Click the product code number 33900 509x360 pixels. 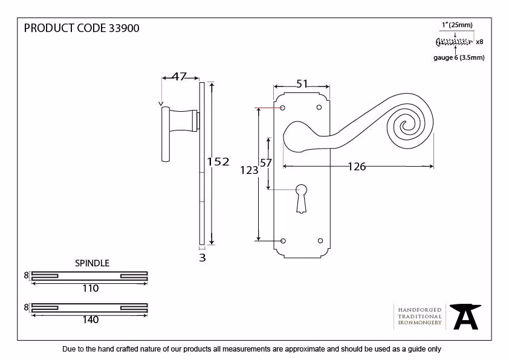[124, 28]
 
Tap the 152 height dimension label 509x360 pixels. [218, 161]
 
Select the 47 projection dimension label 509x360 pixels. [179, 77]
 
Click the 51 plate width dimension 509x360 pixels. [302, 84]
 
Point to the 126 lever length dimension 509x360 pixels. [357, 167]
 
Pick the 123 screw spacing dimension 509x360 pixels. [249, 170]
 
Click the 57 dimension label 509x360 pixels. [266, 163]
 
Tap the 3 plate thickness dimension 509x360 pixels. [203, 258]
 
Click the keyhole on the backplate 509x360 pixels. [301, 199]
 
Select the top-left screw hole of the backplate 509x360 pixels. [282, 108]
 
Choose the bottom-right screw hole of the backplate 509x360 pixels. [320, 240]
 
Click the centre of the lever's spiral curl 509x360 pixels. [405, 125]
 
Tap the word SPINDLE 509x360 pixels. [92, 263]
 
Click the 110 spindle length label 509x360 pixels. [90, 288]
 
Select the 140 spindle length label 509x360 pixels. [90, 320]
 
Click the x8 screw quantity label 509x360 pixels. [479, 42]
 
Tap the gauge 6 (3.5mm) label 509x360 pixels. [459, 58]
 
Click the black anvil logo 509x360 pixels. [465, 317]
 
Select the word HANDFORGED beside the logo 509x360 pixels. [420, 310]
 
